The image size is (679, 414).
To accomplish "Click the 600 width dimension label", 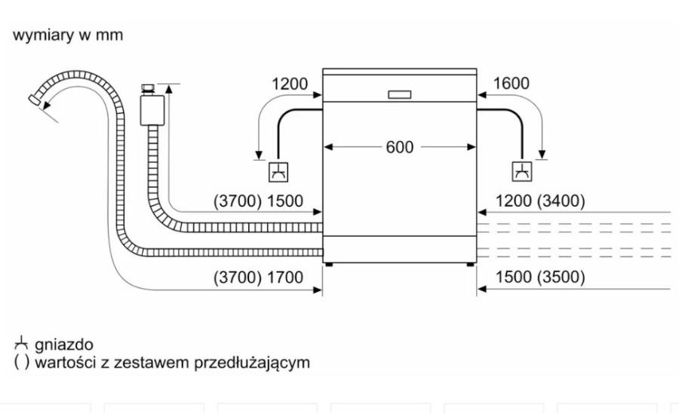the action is click(x=399, y=147).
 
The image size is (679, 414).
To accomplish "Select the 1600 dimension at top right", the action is click(x=511, y=83).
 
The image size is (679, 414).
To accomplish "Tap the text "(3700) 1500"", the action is click(x=258, y=201).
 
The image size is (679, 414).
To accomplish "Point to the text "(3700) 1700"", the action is click(x=258, y=278).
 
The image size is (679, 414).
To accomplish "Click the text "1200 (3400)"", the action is click(x=540, y=201).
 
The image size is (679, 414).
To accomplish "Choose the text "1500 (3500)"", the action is click(x=540, y=278).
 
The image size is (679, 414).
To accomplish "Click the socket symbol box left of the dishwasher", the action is click(x=278, y=172).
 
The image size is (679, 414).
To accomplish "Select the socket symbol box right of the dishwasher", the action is click(x=522, y=172).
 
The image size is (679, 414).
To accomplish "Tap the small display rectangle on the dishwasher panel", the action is click(x=399, y=94).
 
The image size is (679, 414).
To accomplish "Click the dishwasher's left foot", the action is click(x=329, y=264).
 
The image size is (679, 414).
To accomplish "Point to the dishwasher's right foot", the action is click(x=470, y=264).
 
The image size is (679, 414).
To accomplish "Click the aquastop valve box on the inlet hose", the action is click(x=152, y=110).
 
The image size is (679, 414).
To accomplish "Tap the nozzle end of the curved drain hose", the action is click(x=34, y=100).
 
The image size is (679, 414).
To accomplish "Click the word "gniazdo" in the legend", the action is click(x=63, y=345).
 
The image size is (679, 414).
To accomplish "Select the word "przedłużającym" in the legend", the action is click(x=251, y=363).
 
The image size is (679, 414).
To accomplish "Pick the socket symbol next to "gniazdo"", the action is click(x=21, y=344).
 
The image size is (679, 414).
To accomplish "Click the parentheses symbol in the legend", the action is click(x=22, y=363).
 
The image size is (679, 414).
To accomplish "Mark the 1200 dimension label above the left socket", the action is click(x=289, y=84).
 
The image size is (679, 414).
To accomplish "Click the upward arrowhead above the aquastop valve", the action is click(x=168, y=89).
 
